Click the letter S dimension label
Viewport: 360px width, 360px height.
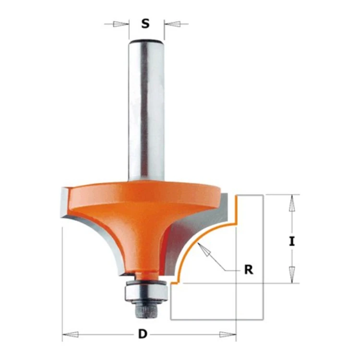tap(145, 24)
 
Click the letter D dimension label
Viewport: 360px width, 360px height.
tap(143, 334)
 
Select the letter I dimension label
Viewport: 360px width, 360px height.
tap(292, 241)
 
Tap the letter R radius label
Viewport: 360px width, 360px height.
tap(249, 270)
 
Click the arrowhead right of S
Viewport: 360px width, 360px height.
tap(172, 24)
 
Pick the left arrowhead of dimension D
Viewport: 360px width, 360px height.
tap(71, 334)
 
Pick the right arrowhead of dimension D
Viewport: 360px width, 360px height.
tap(228, 334)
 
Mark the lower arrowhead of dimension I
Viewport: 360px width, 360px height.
tap(292, 275)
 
